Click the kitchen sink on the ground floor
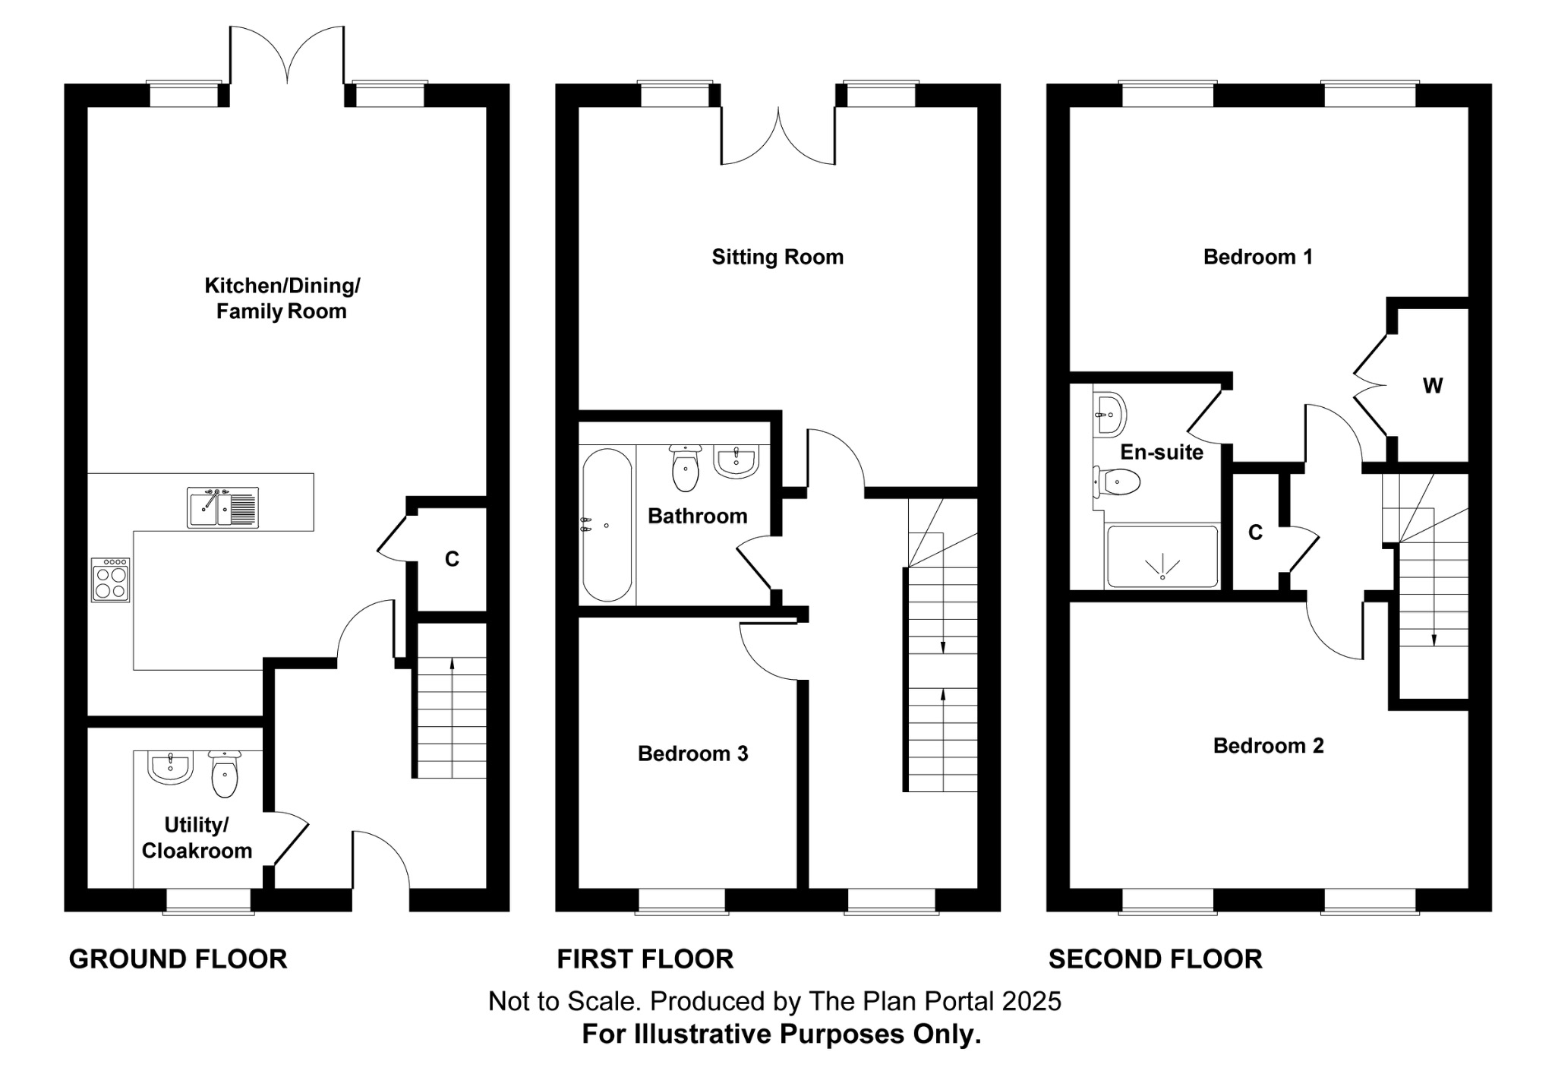[222, 507]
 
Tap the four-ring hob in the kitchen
[111, 580]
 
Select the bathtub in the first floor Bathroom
[607, 526]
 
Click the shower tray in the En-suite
[1162, 557]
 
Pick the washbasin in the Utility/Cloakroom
[170, 766]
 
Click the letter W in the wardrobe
[1432, 386]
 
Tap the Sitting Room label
[777, 257]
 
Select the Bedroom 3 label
[692, 753]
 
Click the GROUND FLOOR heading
[178, 959]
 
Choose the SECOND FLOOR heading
[1155, 959]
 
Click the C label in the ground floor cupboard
[452, 560]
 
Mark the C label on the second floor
[1255, 533]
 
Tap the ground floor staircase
[452, 717]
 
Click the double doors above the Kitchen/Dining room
[287, 57]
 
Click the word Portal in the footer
[960, 1001]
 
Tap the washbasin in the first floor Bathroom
[736, 461]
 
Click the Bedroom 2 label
[1268, 746]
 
